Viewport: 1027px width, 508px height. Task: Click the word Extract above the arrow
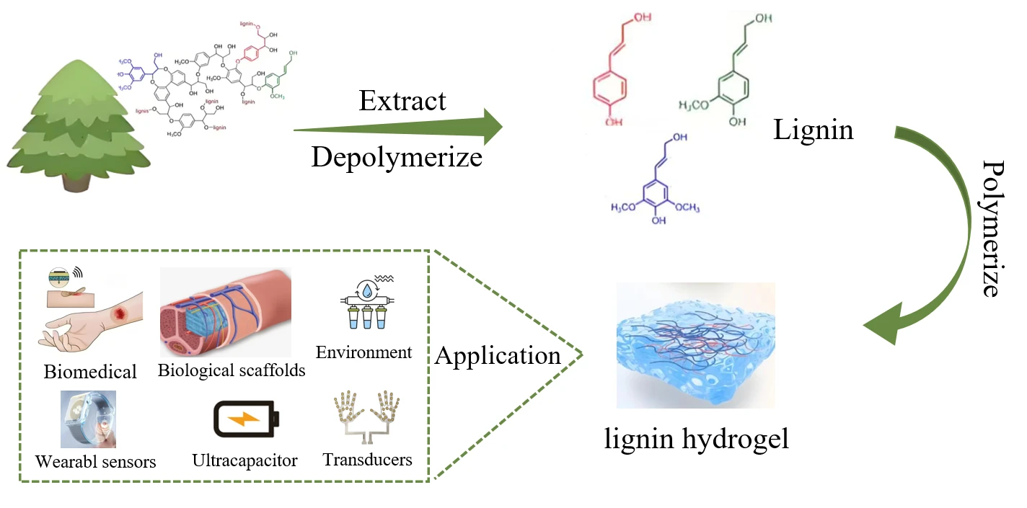[402, 102]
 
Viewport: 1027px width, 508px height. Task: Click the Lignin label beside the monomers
[813, 130]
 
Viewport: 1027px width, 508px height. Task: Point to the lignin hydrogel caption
[696, 437]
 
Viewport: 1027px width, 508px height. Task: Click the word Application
[498, 355]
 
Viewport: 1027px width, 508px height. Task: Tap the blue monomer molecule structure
[656, 180]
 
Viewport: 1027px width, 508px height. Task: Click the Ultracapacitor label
[244, 460]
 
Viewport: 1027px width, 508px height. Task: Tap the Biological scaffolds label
[231, 370]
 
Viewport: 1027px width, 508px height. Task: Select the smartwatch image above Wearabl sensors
[88, 419]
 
